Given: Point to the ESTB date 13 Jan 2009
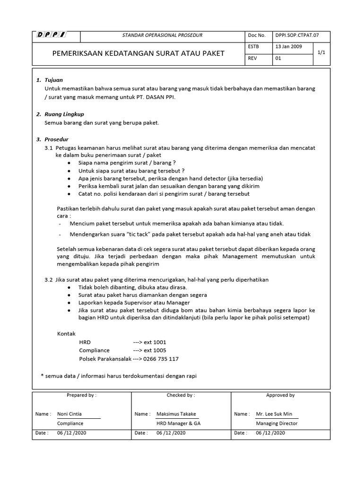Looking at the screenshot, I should (x=290, y=47).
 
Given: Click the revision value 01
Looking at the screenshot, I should (x=278, y=59).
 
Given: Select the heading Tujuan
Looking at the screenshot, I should (x=53, y=80).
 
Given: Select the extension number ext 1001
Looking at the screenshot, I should (x=150, y=342).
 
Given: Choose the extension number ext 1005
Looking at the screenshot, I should (x=150, y=350).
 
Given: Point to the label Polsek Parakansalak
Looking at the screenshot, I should (x=105, y=359).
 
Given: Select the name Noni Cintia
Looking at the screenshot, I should (x=69, y=414).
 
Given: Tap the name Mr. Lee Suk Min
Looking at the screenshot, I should (x=274, y=414).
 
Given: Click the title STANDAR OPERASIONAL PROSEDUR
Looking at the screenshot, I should (x=162, y=35).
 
